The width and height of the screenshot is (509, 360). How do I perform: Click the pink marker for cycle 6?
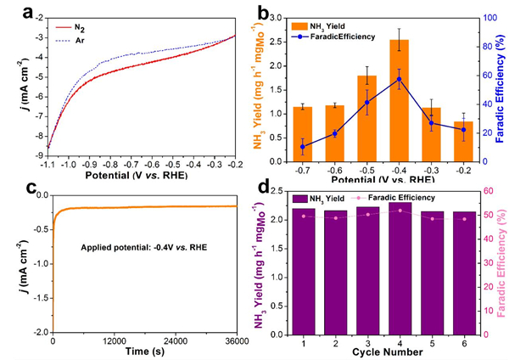(465, 219)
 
